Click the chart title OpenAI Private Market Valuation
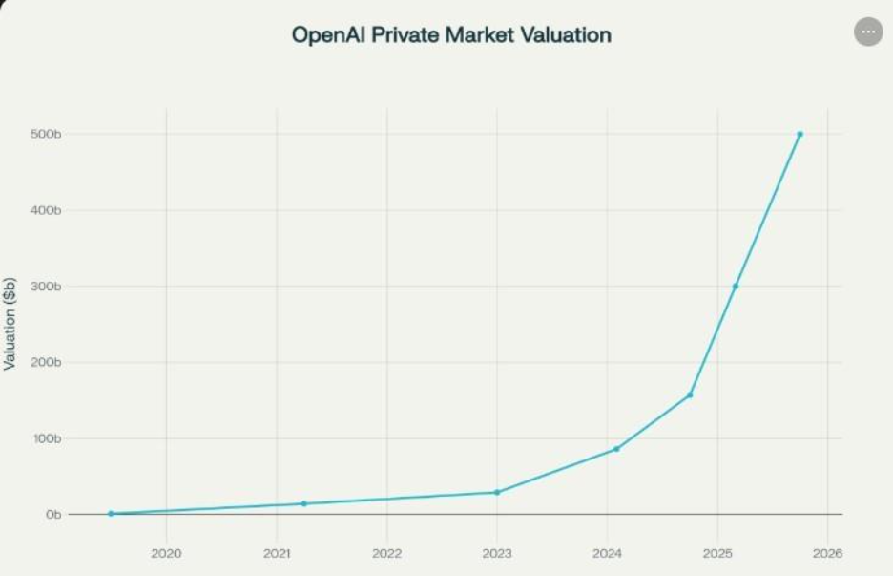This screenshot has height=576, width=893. (451, 35)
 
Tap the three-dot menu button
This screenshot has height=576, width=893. (867, 32)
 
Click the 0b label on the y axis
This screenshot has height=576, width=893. (53, 515)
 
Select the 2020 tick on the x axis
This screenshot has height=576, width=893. (166, 553)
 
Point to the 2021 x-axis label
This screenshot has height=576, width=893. (277, 553)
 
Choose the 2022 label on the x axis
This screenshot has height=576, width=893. (386, 553)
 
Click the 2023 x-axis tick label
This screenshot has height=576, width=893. (497, 553)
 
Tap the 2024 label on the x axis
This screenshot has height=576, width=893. (607, 553)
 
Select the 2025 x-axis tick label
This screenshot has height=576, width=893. (717, 553)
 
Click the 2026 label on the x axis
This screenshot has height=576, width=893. (827, 553)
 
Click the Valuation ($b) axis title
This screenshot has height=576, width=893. (10, 323)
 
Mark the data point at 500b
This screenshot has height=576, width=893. (800, 134)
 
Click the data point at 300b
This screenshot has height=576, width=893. (735, 287)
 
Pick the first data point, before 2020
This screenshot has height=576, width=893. (111, 514)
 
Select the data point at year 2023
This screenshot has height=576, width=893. (497, 492)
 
